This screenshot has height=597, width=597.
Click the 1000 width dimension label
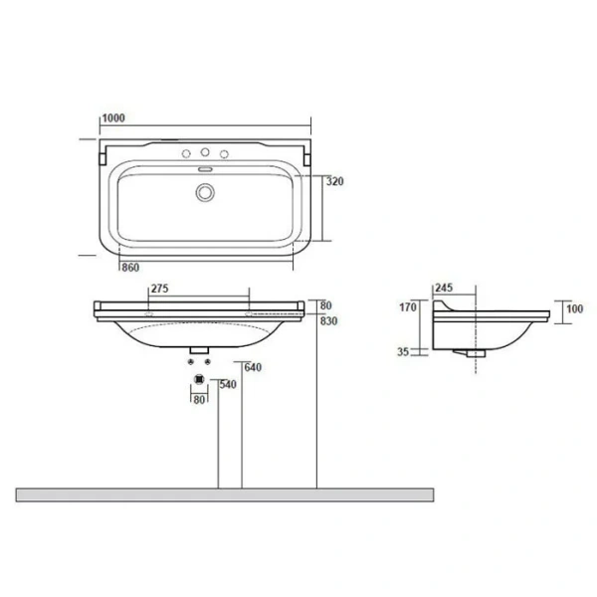[x=112, y=118]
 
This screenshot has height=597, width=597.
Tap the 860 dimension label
[x=129, y=268]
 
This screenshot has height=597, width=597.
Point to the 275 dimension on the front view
[x=159, y=289]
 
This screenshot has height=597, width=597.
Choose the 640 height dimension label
[x=253, y=368]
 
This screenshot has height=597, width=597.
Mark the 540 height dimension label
[x=227, y=383]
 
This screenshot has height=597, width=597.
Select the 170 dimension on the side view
[x=407, y=307]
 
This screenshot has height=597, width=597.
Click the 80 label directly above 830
[x=325, y=305]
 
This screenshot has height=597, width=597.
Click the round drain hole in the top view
[x=205, y=193]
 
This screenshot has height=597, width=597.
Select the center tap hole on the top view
[x=205, y=153]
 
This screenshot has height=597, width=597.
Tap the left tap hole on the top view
[x=185, y=155]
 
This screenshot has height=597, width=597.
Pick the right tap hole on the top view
[x=224, y=155]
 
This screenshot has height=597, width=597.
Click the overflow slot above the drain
[x=205, y=171]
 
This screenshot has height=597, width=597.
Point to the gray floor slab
[x=225, y=495]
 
